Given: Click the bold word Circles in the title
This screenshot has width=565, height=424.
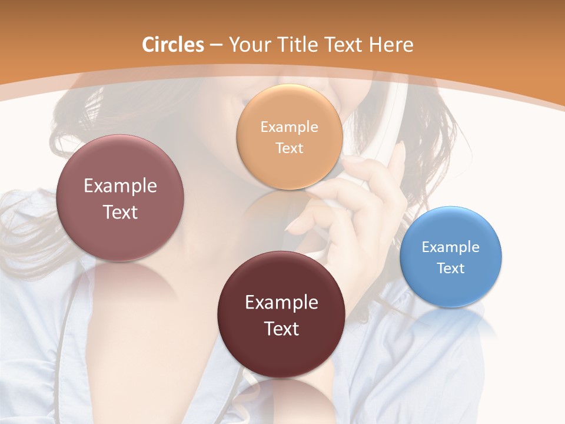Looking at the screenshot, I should (x=172, y=45).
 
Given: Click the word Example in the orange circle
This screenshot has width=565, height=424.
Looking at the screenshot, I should (x=289, y=127).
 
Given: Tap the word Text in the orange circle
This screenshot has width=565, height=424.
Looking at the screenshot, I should (x=289, y=148).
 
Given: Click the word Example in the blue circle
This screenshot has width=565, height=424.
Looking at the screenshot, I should (x=451, y=247).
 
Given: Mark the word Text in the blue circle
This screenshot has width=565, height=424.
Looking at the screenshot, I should (x=451, y=268).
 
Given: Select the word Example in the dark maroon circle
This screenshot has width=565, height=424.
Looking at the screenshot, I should (x=281, y=302).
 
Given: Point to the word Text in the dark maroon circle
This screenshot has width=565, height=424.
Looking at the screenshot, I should (x=281, y=329).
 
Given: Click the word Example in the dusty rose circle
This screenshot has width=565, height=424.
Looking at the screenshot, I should (x=120, y=185).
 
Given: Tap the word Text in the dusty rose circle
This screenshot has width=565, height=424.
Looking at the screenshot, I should (x=120, y=212).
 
